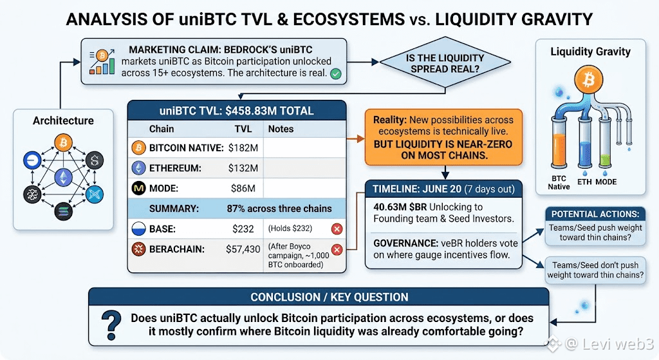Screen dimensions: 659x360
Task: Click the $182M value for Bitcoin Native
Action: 243,148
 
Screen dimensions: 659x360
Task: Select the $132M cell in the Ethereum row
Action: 243,168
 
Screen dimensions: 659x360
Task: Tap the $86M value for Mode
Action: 243,189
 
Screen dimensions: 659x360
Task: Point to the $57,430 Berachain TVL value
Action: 243,249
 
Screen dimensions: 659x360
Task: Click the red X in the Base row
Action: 337,229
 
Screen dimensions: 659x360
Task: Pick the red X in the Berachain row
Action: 337,250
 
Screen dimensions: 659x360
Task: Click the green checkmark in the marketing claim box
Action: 335,74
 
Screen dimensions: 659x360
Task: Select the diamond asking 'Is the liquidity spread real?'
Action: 445,62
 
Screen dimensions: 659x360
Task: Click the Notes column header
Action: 281,129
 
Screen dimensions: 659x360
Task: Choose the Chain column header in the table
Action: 162,129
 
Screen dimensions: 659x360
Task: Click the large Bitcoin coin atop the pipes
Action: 588,79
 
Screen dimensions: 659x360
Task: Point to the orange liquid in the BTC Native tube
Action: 559,149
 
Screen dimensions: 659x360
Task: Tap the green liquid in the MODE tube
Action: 605,160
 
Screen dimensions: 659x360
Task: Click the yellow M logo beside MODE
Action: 139,189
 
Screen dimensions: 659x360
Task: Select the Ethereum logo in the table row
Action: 139,168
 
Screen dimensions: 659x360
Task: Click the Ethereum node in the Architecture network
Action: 64,177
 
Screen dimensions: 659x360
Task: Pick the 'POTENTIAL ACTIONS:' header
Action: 595,214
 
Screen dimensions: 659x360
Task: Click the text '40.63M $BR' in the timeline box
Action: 400,207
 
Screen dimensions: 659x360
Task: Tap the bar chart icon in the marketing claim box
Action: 102,62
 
